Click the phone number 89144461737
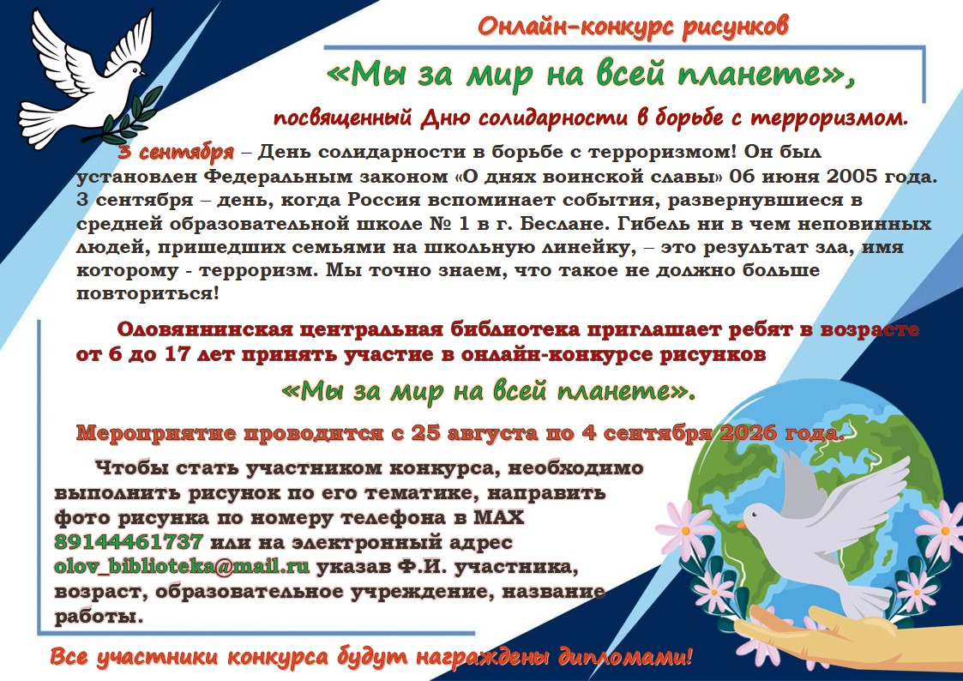click(129, 541)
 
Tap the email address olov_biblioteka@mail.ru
click(182, 565)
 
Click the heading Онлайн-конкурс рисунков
click(633, 27)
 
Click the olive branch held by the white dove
click(128, 118)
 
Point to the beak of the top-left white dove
click(144, 73)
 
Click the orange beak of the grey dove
click(741, 525)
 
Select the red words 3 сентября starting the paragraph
click(177, 152)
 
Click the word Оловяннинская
click(204, 329)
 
